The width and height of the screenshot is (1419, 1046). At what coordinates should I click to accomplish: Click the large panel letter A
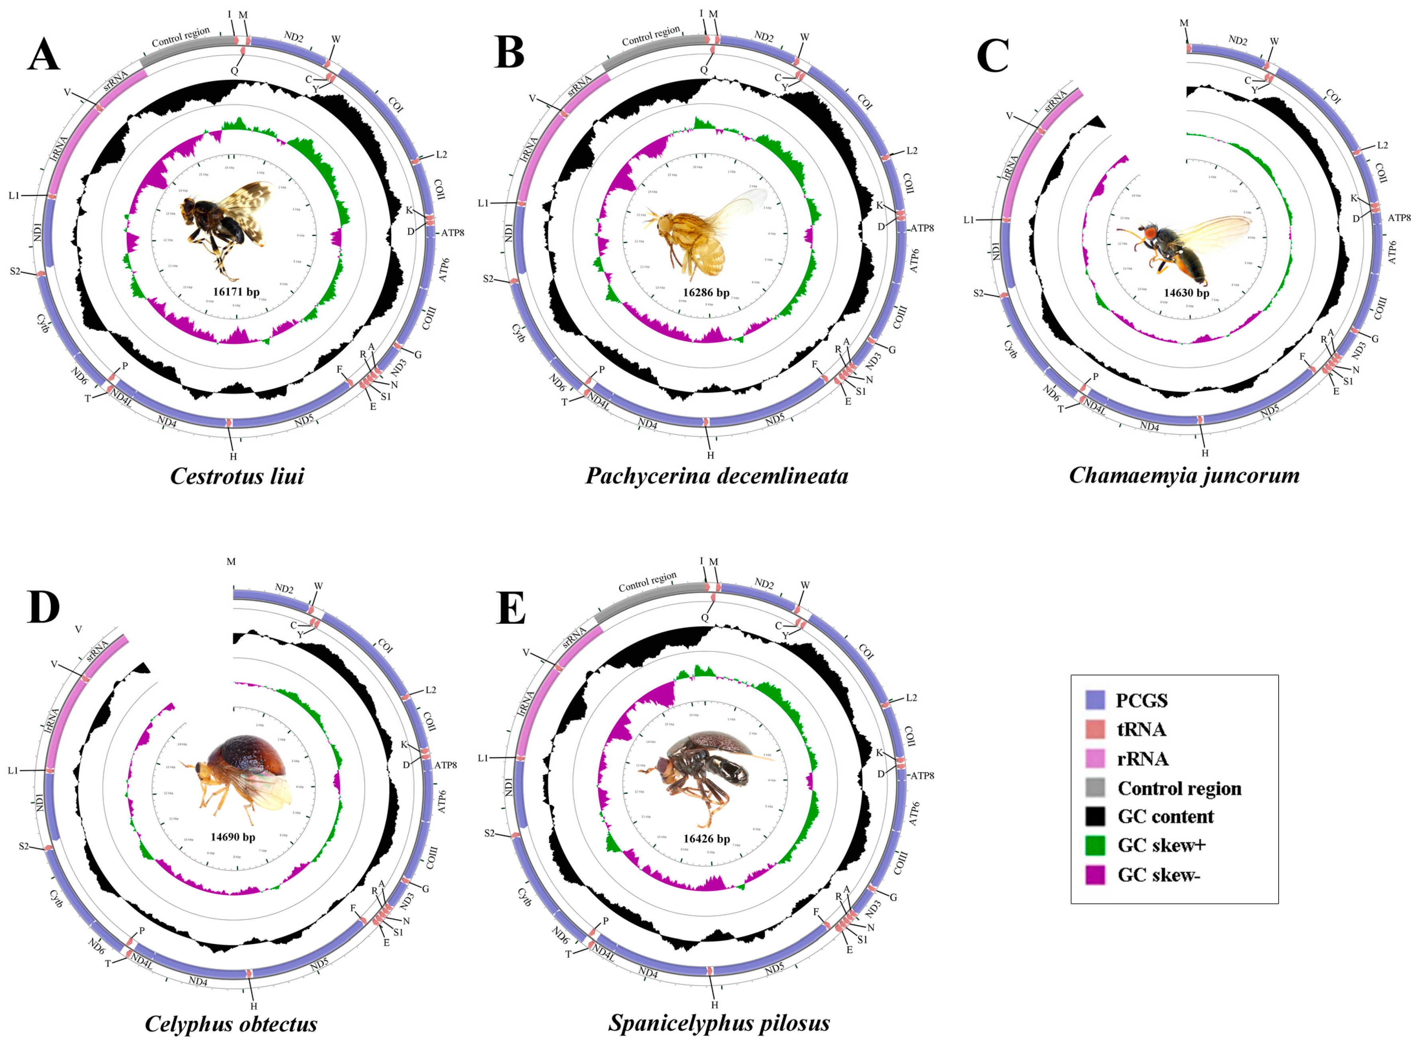[x=43, y=54]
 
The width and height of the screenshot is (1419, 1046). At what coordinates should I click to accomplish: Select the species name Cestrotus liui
[x=237, y=476]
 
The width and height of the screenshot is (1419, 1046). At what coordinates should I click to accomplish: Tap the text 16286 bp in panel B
[x=706, y=293]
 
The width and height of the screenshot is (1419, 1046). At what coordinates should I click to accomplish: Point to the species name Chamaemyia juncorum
[x=1184, y=475]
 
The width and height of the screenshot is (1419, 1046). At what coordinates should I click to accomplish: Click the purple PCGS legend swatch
[x=1095, y=700]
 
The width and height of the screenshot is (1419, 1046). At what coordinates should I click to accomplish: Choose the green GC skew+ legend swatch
[x=1095, y=845]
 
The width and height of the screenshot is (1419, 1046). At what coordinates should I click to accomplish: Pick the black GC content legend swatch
[x=1095, y=817]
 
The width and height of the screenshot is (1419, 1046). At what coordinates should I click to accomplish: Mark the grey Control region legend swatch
[x=1095, y=788]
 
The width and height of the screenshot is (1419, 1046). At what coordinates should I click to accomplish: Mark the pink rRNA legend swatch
[x=1095, y=759]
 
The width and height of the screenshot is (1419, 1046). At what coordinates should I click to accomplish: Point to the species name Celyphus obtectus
[x=231, y=1024]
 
